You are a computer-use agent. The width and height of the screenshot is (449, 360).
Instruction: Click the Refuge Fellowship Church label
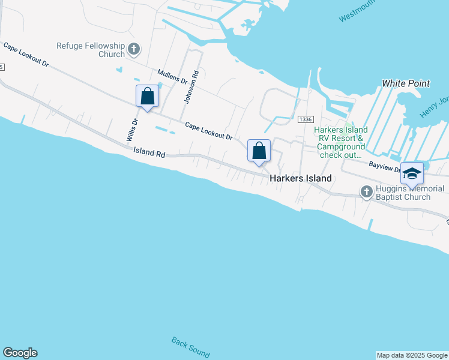pos(90,50)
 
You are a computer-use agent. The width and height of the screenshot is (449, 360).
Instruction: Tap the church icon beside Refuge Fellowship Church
pos(134,49)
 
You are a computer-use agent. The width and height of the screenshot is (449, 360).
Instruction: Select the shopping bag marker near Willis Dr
pos(148,96)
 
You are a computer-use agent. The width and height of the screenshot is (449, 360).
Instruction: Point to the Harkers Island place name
pos(300,178)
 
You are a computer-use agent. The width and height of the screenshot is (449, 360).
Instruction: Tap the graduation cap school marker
pos(412,173)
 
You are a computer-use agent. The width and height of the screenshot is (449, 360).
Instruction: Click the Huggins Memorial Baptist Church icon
pos(367,191)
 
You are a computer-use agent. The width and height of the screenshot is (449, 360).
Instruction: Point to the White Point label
pos(406,83)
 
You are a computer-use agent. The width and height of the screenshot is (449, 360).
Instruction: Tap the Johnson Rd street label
pos(191,88)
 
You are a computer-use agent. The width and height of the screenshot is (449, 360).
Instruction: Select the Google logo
pos(20,353)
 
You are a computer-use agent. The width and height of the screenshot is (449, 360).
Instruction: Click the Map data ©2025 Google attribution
pos(412,355)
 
